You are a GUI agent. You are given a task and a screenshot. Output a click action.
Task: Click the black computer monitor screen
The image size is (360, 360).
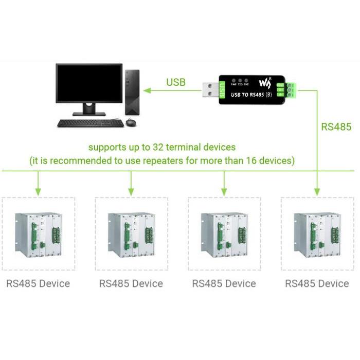coord(89,83)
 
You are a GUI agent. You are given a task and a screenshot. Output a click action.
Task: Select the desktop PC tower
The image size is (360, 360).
coord(132,92)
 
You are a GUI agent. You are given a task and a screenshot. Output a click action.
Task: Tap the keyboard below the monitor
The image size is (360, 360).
coord(90,123)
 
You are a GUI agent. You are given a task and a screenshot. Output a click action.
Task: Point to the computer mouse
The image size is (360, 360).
coord(131,123)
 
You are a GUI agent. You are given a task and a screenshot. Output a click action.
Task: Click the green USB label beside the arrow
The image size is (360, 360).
coord(176,82)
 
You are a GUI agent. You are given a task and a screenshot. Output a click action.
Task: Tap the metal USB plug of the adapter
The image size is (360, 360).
coord(210,90)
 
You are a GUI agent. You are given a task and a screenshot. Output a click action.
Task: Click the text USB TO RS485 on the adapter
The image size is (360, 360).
coord(246,95)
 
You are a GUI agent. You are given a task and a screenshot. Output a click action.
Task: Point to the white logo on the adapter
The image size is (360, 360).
coord(264,82)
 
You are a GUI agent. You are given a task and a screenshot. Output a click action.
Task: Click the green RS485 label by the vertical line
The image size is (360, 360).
coord(336,127)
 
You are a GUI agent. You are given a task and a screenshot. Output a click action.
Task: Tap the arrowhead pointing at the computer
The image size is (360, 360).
coord(147,91)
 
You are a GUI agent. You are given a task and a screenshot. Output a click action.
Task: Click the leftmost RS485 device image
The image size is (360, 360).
coord(39,234)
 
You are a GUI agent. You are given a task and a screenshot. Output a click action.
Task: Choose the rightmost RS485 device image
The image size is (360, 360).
coord(317,234)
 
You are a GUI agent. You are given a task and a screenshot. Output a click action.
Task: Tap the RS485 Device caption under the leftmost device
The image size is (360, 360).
coord(38,283)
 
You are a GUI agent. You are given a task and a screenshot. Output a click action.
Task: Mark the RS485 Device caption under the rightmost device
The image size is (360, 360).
coord(317,283)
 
